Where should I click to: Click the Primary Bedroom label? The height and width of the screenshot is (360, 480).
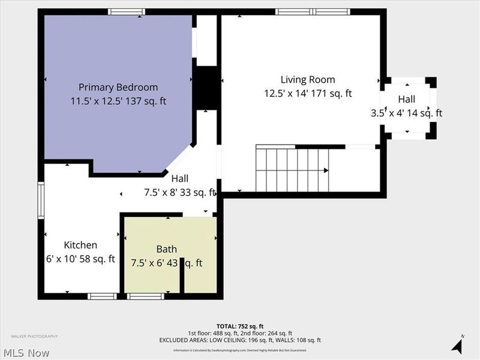click(118, 87)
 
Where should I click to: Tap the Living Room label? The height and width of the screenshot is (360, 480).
click(308, 79)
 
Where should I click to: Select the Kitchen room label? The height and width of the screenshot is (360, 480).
click(80, 245)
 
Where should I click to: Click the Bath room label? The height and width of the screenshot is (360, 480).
click(167, 249)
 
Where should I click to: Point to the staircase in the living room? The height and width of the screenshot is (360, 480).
click(292, 170)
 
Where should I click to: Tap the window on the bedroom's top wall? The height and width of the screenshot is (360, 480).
click(127, 11)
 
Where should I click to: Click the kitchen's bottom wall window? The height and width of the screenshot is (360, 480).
click(102, 296)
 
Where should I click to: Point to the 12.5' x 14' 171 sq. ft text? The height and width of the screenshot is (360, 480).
click(308, 94)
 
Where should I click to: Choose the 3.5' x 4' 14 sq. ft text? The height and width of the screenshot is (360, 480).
click(406, 113)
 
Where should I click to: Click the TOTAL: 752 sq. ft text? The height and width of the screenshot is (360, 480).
click(240, 326)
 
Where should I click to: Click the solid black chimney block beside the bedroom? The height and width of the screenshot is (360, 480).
click(206, 88)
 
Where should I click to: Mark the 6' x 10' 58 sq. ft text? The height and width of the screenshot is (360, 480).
click(80, 259)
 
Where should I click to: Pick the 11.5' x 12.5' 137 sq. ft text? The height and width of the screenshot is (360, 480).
click(118, 101)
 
